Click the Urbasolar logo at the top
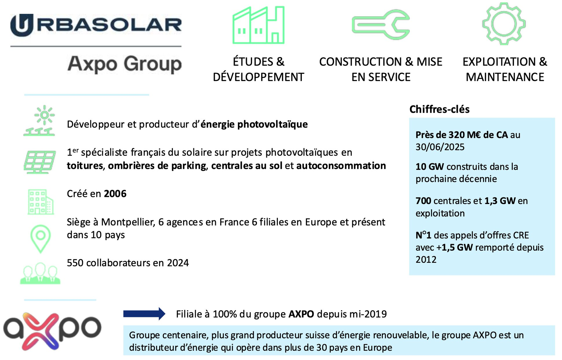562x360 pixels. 96,25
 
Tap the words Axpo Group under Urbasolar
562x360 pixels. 124,64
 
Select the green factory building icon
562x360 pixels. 258,25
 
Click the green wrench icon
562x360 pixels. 381,25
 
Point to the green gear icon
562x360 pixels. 504,24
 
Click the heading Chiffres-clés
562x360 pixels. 439,109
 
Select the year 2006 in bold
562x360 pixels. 115,194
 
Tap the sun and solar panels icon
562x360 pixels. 39,120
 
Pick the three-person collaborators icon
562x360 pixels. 40,273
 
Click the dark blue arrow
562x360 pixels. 144,314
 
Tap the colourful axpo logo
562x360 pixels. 52,331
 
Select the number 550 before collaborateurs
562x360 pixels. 75,263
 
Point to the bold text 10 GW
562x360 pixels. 430,167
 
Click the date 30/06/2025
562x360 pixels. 440,147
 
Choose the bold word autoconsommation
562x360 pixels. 341,166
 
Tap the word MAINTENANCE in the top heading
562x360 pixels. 505,77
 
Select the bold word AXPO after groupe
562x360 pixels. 301,314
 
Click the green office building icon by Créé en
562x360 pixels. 41,202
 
